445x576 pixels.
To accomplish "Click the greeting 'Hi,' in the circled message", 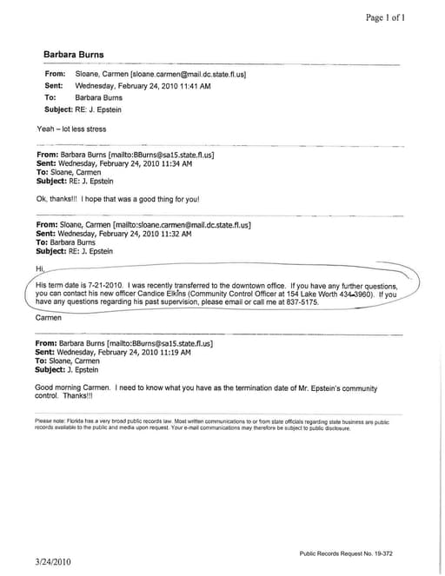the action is tap(38, 268).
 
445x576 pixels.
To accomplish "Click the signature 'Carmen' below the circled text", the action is tap(49, 319).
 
